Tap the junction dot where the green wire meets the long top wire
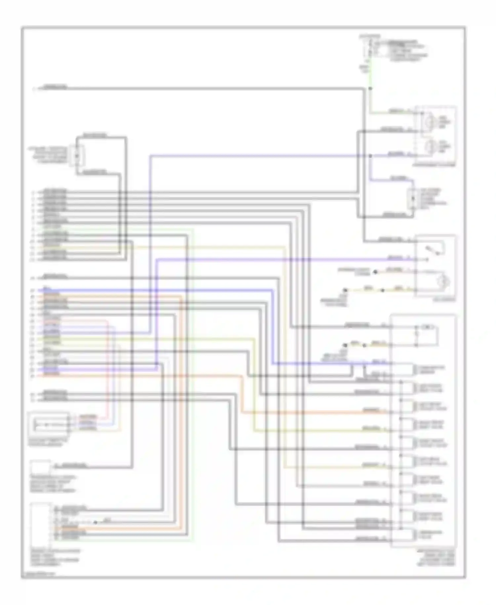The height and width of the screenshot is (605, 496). [x=370, y=89]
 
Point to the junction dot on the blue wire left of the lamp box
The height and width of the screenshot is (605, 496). [x=370, y=156]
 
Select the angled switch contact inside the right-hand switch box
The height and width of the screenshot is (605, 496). [x=434, y=250]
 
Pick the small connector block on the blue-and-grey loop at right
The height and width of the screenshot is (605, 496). [x=412, y=199]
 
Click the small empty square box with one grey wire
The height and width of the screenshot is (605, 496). [x=41, y=467]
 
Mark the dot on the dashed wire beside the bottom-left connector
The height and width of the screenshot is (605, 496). [x=95, y=523]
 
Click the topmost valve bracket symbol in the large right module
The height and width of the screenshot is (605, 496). [x=416, y=370]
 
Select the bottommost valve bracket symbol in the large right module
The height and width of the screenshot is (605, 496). [x=416, y=535]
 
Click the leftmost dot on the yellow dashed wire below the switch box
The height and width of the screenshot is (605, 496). [x=345, y=290]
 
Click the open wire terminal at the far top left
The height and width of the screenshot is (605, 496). [x=34, y=89]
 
